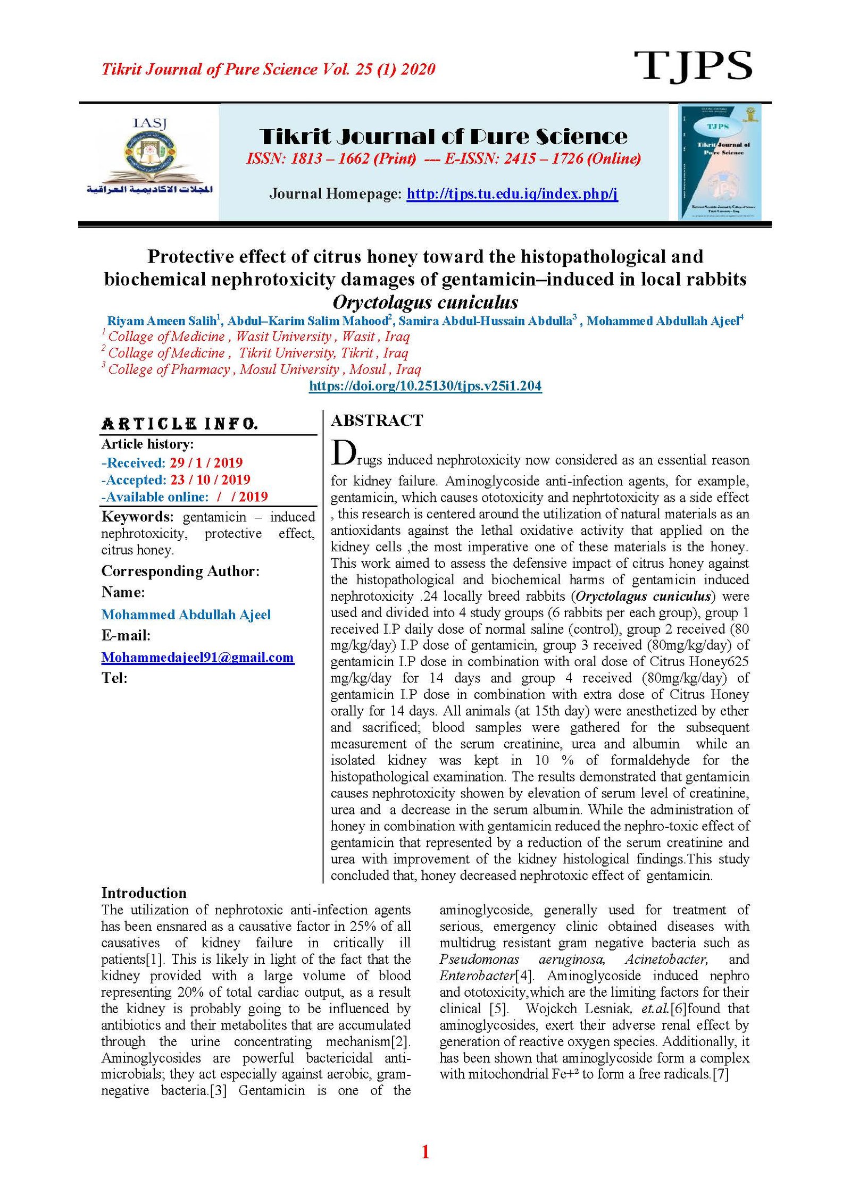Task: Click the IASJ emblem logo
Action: (x=149, y=157)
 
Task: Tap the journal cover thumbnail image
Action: (x=720, y=162)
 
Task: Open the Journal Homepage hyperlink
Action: (x=512, y=194)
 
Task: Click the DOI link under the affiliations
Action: (x=425, y=386)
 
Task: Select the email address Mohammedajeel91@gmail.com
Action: (x=197, y=658)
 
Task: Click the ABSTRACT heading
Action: (x=377, y=420)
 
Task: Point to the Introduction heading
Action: (x=144, y=893)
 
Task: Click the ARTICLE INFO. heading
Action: (x=179, y=424)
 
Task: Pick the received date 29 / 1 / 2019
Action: (x=206, y=462)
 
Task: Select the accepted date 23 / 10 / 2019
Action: (x=210, y=479)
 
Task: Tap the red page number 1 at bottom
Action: (x=425, y=1152)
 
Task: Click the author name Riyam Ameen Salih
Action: (x=161, y=321)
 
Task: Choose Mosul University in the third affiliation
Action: (x=289, y=369)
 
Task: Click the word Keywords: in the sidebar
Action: (x=137, y=517)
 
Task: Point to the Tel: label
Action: (x=114, y=678)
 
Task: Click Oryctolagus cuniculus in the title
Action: (x=425, y=302)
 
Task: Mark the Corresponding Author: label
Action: (x=180, y=571)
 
